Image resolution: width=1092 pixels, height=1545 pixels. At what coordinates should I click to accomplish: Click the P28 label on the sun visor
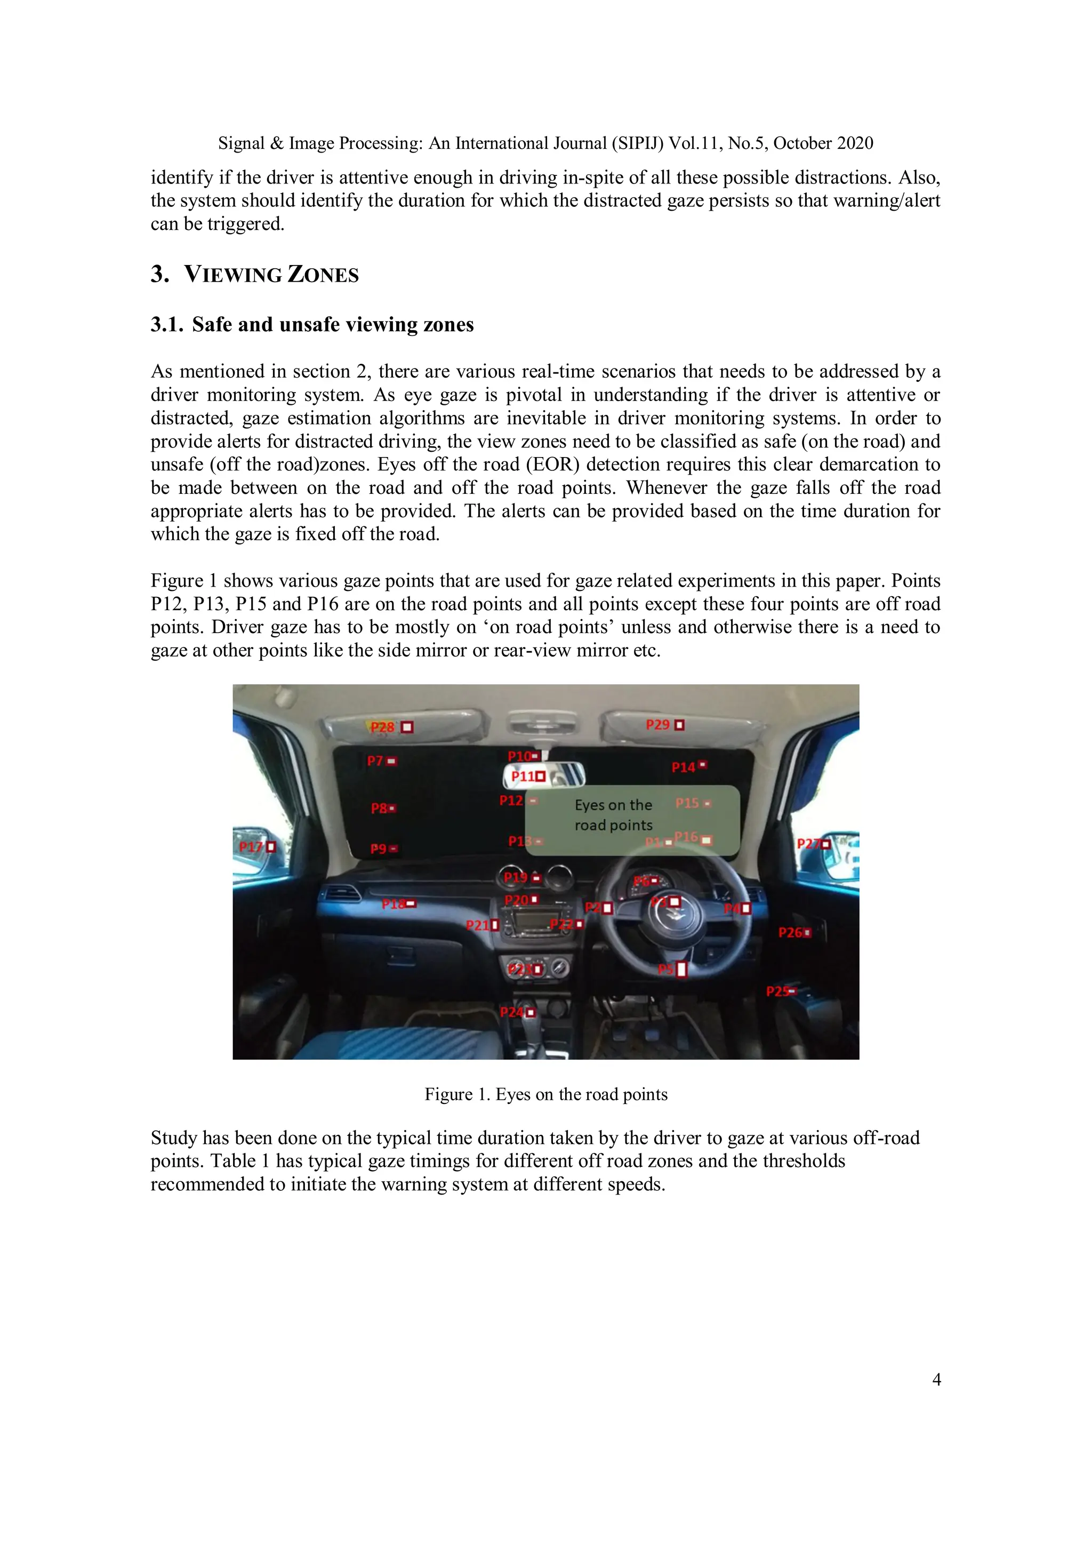pyautogui.click(x=383, y=727)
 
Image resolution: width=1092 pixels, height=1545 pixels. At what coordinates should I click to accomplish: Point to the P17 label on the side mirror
pyautogui.click(x=252, y=846)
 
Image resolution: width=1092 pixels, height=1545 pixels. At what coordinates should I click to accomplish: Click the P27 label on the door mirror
pyautogui.click(x=807, y=844)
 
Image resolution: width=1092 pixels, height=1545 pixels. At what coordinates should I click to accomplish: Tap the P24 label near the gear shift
pyautogui.click(x=512, y=1012)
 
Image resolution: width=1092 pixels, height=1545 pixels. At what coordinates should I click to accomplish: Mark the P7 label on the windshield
pyautogui.click(x=375, y=761)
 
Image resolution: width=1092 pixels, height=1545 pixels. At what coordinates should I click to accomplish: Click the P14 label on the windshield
pyautogui.click(x=683, y=767)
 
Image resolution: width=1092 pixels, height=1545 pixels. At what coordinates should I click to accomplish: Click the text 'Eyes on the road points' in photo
pyautogui.click(x=613, y=815)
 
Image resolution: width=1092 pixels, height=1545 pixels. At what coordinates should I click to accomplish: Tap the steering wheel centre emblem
pyautogui.click(x=676, y=917)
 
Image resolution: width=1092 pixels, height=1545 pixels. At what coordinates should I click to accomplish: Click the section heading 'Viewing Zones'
pyautogui.click(x=271, y=275)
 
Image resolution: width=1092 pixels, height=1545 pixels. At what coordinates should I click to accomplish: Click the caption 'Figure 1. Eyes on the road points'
pyautogui.click(x=545, y=1094)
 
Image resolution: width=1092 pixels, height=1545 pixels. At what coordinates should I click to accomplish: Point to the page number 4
pyautogui.click(x=936, y=1380)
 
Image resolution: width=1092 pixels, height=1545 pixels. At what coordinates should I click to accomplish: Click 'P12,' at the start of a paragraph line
pyautogui.click(x=168, y=604)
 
